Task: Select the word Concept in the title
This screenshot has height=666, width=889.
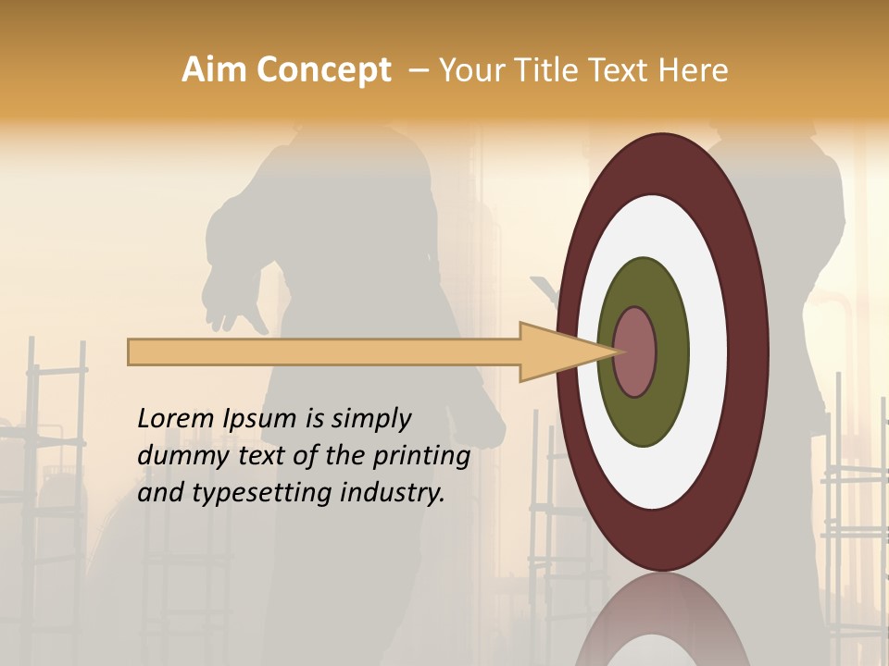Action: [x=324, y=70]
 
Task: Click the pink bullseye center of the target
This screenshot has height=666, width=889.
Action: [x=635, y=351]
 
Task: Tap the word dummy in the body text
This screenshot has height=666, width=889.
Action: [x=178, y=456]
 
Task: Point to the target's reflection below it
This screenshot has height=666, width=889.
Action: [x=663, y=620]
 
